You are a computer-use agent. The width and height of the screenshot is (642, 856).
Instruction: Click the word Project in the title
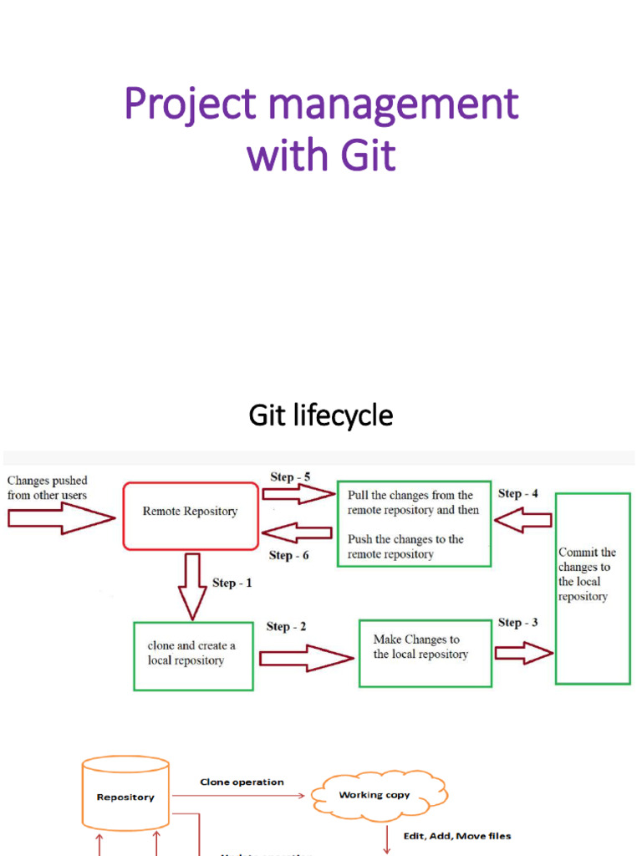tap(191, 105)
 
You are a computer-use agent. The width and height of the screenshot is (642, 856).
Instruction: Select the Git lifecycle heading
tap(321, 415)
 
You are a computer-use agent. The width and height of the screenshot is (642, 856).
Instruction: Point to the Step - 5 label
tap(290, 477)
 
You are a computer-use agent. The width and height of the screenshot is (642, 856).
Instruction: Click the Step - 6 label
tap(288, 555)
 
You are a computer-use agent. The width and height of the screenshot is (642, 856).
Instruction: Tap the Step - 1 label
tap(232, 583)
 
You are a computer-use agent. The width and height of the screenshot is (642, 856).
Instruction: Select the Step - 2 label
tap(286, 626)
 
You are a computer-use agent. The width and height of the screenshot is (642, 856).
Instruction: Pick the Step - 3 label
tap(517, 622)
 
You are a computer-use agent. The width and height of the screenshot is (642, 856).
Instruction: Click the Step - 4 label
tap(517, 493)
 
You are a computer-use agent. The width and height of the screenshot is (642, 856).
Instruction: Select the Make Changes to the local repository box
tap(425, 653)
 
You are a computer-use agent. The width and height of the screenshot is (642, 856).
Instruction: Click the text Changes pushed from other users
tap(48, 487)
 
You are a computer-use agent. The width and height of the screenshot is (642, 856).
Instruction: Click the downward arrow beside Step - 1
tap(193, 586)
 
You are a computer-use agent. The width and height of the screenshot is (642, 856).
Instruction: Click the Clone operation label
tap(242, 782)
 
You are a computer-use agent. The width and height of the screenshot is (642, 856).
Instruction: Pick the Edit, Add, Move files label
tap(457, 836)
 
